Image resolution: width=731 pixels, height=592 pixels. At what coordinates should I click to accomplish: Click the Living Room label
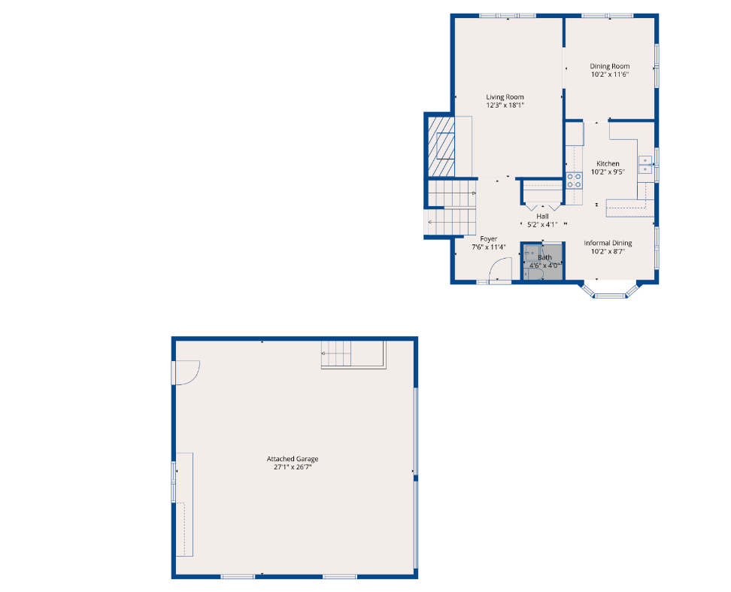coord(505,97)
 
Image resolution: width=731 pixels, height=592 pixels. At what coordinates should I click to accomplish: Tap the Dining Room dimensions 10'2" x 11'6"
coord(610,74)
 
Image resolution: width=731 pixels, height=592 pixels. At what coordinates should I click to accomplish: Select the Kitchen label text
coord(608,164)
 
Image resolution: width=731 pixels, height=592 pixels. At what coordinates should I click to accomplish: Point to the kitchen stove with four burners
coord(574,181)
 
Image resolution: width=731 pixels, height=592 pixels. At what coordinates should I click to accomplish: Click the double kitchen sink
coord(645,165)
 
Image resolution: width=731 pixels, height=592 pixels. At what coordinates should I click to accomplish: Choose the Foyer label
coord(489,238)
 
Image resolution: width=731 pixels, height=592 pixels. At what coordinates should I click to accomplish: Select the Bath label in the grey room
coord(544,257)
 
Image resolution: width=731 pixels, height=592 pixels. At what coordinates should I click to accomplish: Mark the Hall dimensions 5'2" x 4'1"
coord(542,225)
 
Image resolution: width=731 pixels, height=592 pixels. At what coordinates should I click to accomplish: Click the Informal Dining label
coord(608,243)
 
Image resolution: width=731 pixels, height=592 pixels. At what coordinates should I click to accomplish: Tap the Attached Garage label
coord(293,459)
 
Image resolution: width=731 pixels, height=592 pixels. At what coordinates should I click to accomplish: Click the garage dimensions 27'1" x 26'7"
coord(293,466)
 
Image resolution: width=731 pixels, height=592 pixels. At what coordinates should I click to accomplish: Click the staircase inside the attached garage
coord(353,354)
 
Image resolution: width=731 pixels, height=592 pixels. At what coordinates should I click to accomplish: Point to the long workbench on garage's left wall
coord(184,504)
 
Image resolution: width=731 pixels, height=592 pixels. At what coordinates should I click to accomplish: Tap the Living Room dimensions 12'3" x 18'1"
coord(505,105)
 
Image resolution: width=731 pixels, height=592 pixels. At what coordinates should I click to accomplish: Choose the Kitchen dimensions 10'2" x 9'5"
coord(608,172)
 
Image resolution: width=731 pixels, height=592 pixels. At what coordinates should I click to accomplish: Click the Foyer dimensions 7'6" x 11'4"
coord(489,247)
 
